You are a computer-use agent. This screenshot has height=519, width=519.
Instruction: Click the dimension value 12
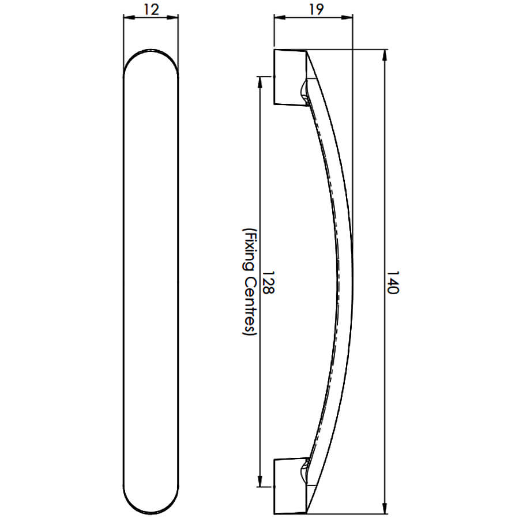(x=152, y=10)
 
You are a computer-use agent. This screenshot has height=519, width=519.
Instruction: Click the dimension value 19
(x=316, y=10)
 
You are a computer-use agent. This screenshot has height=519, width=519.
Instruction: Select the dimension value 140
(x=393, y=283)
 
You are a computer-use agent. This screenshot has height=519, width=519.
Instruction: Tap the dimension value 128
(x=268, y=283)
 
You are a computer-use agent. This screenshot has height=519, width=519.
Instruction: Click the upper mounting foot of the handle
(x=291, y=77)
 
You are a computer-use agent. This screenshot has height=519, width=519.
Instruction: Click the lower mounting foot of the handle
(x=291, y=486)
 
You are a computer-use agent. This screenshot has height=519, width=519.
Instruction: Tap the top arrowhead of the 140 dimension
(x=385, y=55)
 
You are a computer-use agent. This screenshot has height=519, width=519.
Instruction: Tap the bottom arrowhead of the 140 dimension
(x=385, y=507)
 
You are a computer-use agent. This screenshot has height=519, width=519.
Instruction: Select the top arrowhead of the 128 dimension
(x=260, y=82)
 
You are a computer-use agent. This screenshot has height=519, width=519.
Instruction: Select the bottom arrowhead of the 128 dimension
(x=260, y=481)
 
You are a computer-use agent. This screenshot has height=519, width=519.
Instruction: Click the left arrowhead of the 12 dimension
(x=129, y=17)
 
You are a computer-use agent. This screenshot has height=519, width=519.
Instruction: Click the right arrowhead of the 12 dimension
(x=172, y=17)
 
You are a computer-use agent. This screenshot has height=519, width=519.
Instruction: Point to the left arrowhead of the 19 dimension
(x=280, y=17)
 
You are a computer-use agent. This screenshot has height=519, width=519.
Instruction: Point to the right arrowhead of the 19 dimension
(x=347, y=17)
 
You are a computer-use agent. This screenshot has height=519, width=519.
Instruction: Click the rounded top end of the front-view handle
(x=151, y=50)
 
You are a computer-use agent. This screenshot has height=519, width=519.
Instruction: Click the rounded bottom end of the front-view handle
(x=151, y=513)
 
